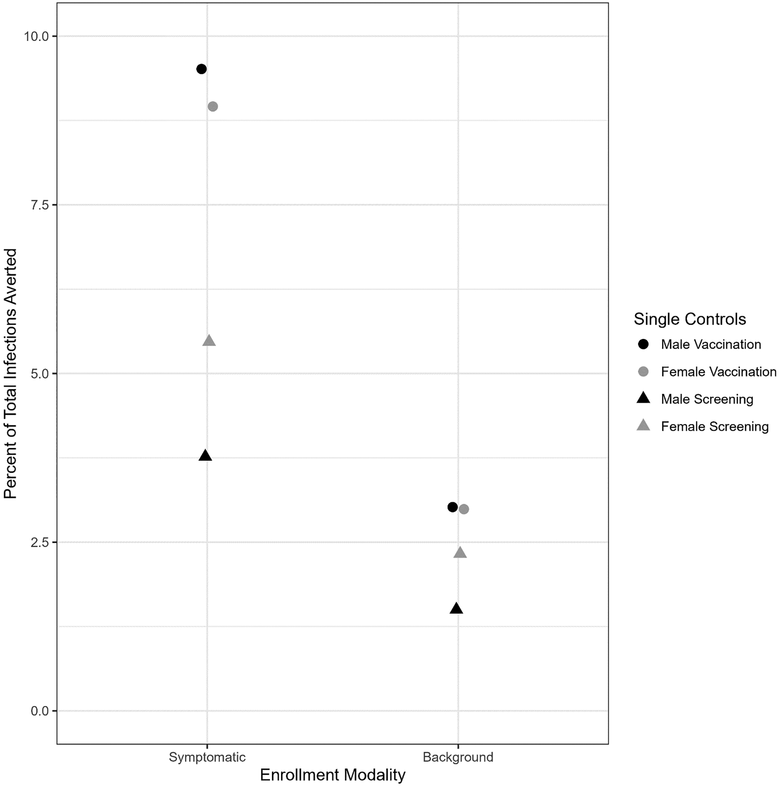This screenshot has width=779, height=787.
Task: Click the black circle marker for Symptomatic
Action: click(x=201, y=69)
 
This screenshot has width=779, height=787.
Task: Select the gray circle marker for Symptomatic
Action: click(x=213, y=107)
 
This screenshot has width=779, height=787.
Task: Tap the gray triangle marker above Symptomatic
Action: click(x=209, y=341)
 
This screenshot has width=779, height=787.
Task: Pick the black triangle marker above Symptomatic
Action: click(x=205, y=456)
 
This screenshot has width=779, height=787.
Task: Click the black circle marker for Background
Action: click(x=452, y=507)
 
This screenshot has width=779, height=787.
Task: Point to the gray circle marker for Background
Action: click(x=464, y=509)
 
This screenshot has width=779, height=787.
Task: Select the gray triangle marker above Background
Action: click(x=460, y=553)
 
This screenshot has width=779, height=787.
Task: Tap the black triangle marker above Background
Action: click(x=456, y=609)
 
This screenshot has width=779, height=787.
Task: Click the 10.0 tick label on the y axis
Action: click(x=36, y=36)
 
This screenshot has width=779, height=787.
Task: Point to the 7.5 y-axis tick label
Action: click(x=40, y=205)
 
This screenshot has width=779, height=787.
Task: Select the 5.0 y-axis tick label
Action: click(x=40, y=374)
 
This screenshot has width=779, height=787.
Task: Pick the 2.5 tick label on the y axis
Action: click(x=40, y=542)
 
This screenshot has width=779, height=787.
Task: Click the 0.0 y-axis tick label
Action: click(x=40, y=711)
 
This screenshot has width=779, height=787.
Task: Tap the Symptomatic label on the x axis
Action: click(x=207, y=757)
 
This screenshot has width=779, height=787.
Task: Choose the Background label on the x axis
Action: click(x=458, y=757)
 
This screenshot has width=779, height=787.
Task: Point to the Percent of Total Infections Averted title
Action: click(x=10, y=373)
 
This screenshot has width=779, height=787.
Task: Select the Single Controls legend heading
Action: click(x=690, y=319)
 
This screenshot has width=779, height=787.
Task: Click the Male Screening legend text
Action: click(x=707, y=399)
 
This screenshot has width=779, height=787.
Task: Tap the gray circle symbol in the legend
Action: click(x=643, y=372)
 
